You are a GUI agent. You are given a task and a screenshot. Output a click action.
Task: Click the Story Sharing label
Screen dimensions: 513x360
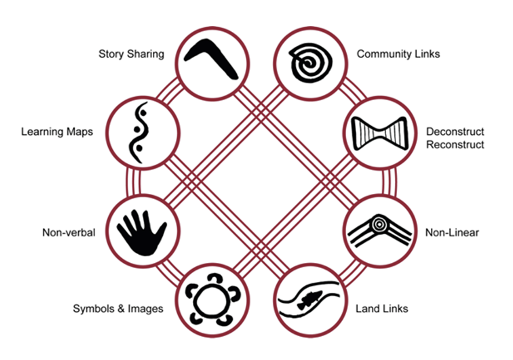pyautogui.click(x=131, y=54)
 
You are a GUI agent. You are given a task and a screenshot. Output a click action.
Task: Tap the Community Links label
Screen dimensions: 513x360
pyautogui.click(x=398, y=54)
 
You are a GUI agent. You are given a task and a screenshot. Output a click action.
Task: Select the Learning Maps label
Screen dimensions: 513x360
pyautogui.click(x=57, y=132)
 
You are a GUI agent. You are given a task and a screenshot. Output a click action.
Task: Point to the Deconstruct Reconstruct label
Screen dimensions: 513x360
pyautogui.click(x=455, y=138)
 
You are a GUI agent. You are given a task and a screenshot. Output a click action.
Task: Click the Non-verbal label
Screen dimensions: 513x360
pyautogui.click(x=68, y=233)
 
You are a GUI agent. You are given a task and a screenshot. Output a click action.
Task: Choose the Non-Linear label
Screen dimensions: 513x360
pyautogui.click(x=452, y=233)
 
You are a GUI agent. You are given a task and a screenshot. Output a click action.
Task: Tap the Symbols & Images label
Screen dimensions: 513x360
pyautogui.click(x=118, y=308)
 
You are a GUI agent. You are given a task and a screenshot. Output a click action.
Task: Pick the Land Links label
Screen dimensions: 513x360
pyautogui.click(x=382, y=308)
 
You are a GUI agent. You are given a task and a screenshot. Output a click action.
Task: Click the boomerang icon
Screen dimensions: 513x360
pyautogui.click(x=211, y=58)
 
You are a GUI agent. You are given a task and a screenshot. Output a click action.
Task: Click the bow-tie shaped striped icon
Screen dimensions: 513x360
pyautogui.click(x=380, y=132)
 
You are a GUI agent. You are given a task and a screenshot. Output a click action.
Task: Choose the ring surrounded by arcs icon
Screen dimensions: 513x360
pyautogui.click(x=211, y=299)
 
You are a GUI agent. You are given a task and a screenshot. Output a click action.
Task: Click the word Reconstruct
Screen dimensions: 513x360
pyautogui.click(x=455, y=145)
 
